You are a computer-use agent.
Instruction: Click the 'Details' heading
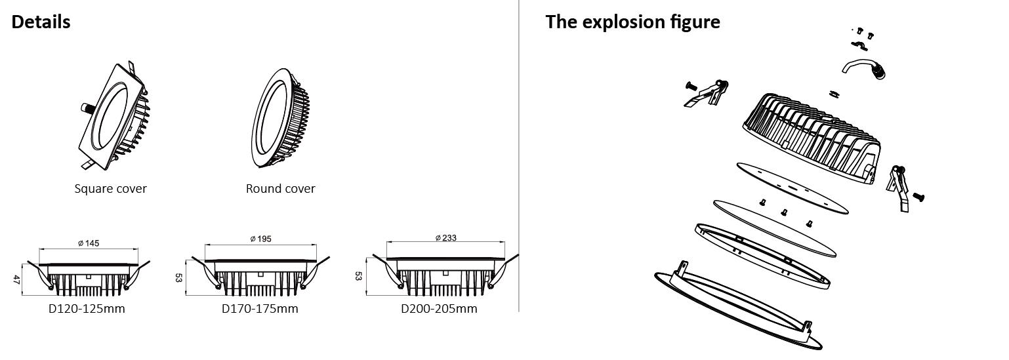tap(41, 22)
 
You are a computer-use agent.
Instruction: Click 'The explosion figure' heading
tap(632, 22)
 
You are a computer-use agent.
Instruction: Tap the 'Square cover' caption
tap(110, 189)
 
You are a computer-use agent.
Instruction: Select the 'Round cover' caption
tap(280, 189)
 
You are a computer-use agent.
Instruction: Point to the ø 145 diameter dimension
tap(89, 243)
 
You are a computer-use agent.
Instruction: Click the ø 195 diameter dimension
tap(261, 239)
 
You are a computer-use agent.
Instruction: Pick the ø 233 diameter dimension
tap(446, 237)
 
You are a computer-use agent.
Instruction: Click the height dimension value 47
tap(16, 279)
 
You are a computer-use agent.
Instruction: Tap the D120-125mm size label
tap(87, 309)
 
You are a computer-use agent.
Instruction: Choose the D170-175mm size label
tap(260, 309)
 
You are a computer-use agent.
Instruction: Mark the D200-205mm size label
tap(439, 309)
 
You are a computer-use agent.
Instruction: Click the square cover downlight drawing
tap(114, 115)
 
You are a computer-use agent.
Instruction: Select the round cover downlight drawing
tap(280, 118)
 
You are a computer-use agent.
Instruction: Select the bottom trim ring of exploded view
tap(739, 306)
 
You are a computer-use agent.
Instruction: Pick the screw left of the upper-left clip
tap(691, 85)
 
